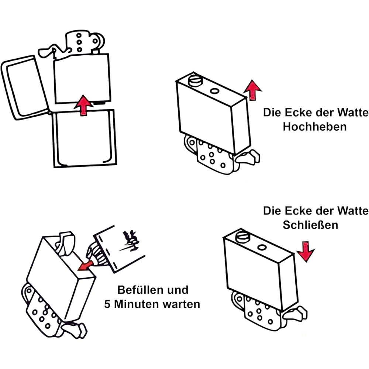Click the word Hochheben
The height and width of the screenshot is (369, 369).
[x=315, y=127]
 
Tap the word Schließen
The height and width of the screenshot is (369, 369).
[x=310, y=225]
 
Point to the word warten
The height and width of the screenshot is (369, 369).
[x=183, y=304]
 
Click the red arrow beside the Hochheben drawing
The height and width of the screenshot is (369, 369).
[x=253, y=89]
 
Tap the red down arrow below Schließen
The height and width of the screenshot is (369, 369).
[x=306, y=252]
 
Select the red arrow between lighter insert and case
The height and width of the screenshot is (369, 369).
[x=84, y=106]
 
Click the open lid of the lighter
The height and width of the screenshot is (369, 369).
[x=24, y=87]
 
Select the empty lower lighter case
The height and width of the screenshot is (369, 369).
[x=84, y=138]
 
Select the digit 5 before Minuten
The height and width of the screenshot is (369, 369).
[x=107, y=304]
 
